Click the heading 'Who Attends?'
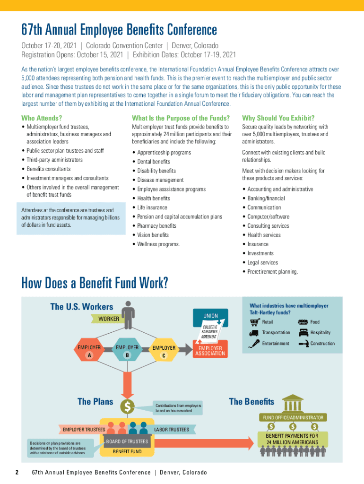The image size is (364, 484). tap(42, 118)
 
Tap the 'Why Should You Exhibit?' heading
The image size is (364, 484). tap(278, 118)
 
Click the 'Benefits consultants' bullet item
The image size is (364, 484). tap(48, 169)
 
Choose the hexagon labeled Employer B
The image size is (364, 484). tap(127, 351)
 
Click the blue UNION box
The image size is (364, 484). tap(210, 315)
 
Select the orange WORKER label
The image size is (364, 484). tap(108, 319)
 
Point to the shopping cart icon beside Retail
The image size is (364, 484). tap(255, 322)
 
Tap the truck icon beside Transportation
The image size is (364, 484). tap(255, 333)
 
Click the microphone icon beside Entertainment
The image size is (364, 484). tap(255, 344)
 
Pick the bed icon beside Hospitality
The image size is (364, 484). tap(303, 333)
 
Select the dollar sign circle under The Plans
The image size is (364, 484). tap(128, 406)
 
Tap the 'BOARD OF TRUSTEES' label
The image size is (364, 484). tap(127, 441)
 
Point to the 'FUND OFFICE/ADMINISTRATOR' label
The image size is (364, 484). tap(293, 417)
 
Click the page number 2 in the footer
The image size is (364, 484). tap(17, 473)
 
